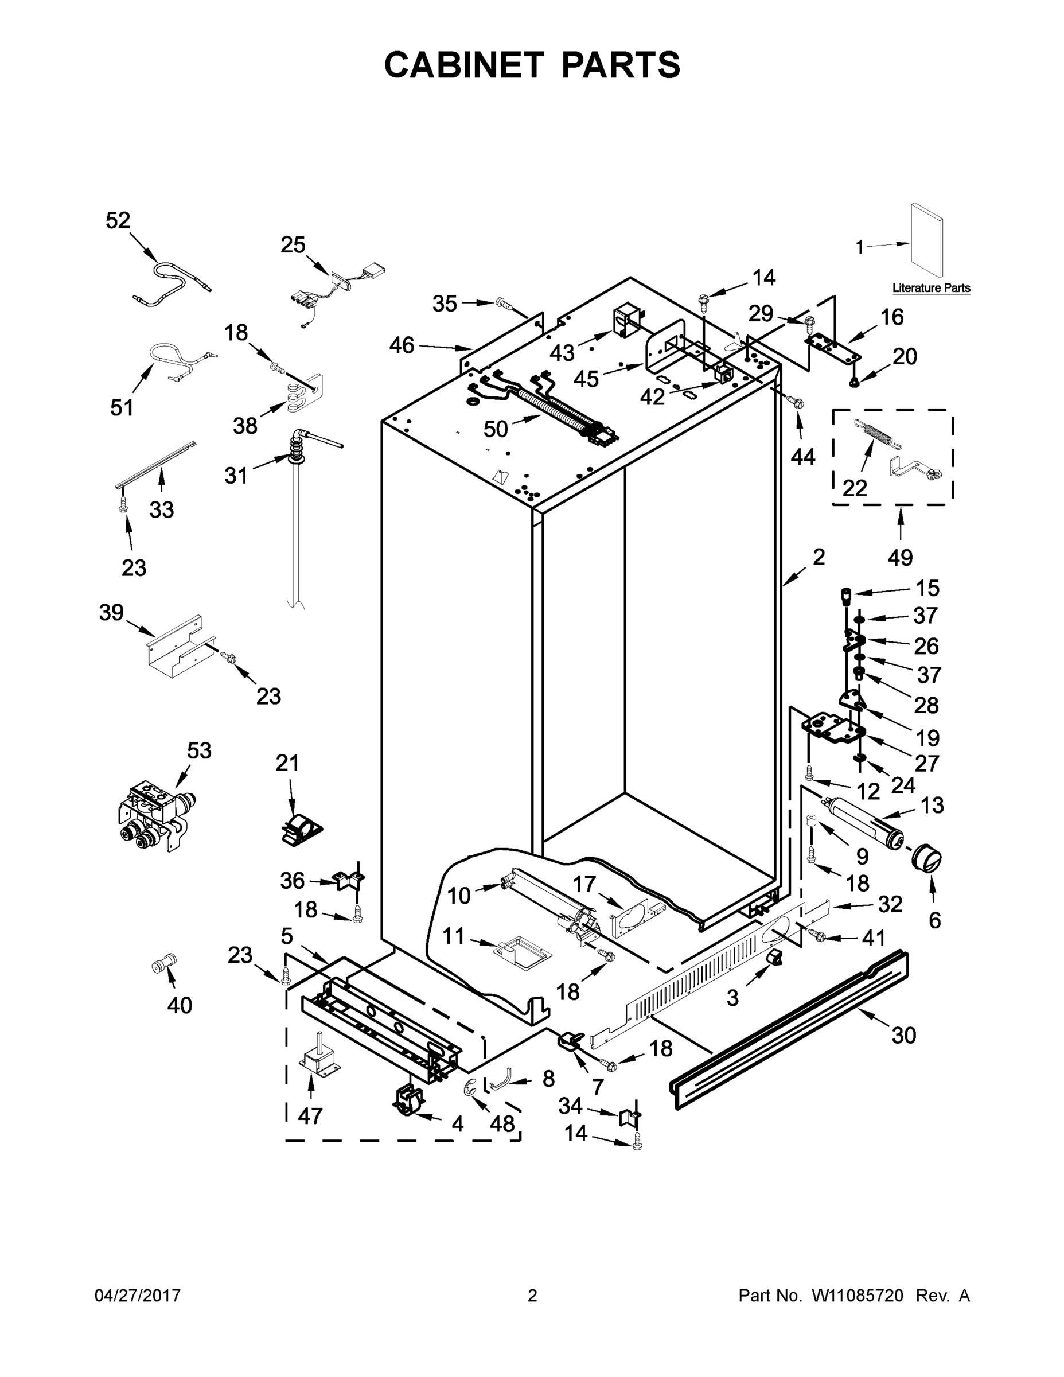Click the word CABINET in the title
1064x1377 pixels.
pos(463,65)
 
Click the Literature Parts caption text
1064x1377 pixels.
pos(931,288)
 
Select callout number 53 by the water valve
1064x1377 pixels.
pos(199,750)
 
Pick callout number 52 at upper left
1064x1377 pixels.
pos(118,220)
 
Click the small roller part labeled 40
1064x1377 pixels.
pos(164,963)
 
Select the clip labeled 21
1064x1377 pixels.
pos(299,828)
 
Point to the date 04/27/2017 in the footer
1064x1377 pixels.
pos(138,1295)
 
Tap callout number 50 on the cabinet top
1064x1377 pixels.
pos(496,429)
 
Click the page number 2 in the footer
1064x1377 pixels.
pos(532,1295)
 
